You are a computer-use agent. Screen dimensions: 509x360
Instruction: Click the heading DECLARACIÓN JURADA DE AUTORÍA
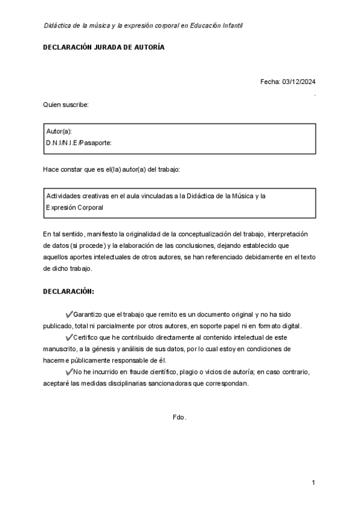click(x=103, y=47)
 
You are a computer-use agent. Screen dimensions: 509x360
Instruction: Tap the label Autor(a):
click(x=59, y=131)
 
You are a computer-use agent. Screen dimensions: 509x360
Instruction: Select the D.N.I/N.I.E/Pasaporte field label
click(x=79, y=143)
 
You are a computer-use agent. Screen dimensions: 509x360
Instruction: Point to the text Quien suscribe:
click(x=65, y=104)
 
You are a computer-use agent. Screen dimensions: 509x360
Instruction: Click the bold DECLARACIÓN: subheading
click(x=68, y=291)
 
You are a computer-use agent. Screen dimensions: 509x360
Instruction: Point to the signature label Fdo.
click(x=179, y=417)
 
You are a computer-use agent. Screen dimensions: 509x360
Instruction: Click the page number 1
click(x=313, y=483)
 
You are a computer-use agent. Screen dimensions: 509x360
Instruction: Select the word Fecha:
click(x=270, y=82)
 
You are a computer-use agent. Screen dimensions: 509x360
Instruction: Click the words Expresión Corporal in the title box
click(x=75, y=208)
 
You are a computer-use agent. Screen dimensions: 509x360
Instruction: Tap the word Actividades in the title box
click(x=64, y=196)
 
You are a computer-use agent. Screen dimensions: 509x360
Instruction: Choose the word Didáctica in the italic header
click(x=58, y=25)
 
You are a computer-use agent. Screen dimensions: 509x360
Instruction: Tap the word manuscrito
click(x=60, y=349)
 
